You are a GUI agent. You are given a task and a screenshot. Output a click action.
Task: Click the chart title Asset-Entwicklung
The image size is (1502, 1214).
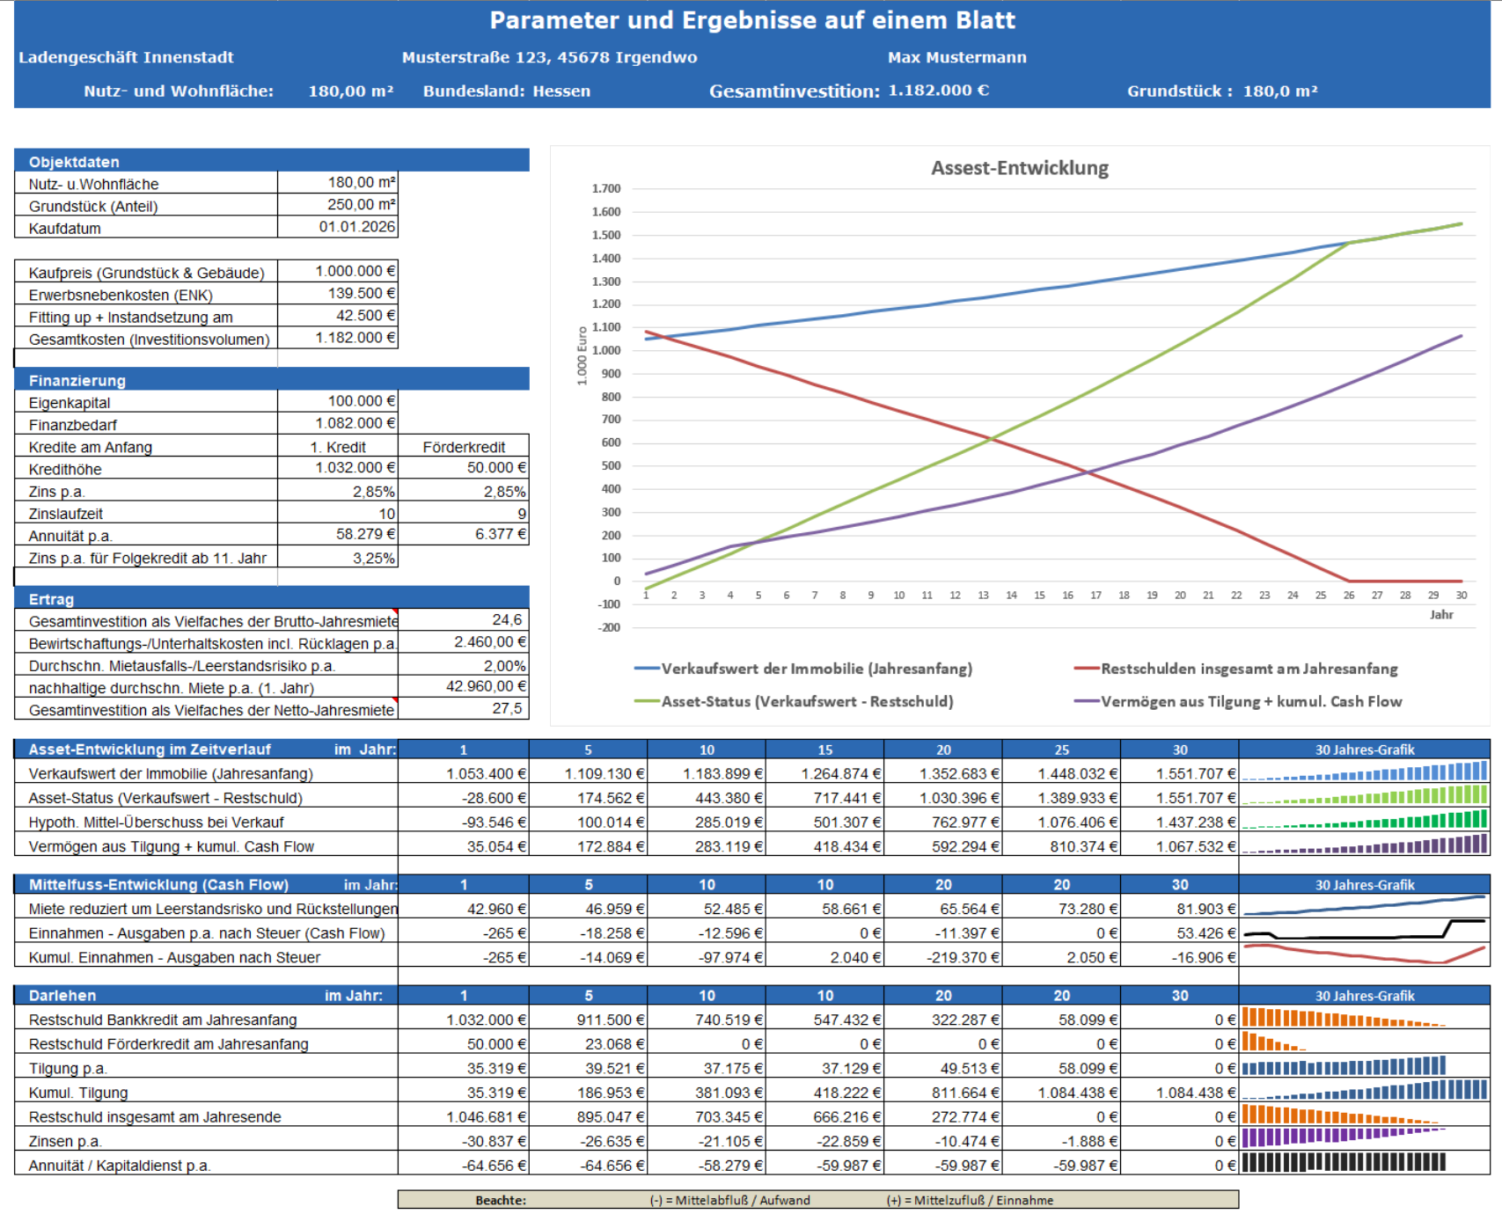(1020, 168)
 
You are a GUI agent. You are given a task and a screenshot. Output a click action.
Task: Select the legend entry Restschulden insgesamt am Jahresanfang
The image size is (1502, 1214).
(1235, 669)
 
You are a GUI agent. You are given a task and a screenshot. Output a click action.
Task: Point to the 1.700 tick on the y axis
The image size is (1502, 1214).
(606, 189)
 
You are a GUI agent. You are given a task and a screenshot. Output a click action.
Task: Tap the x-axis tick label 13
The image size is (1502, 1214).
(983, 596)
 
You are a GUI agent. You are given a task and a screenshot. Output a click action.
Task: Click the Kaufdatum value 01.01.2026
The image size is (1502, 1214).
(357, 227)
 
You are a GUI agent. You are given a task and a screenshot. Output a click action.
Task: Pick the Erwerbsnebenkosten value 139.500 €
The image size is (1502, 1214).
(355, 294)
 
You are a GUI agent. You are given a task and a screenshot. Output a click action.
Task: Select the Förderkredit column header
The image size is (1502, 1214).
(464, 447)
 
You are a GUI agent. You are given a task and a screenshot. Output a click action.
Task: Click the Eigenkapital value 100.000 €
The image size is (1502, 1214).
(362, 401)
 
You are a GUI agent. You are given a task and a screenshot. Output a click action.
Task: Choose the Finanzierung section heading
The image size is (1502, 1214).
(77, 381)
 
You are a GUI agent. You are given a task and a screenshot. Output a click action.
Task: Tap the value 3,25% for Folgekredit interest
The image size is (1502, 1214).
(374, 558)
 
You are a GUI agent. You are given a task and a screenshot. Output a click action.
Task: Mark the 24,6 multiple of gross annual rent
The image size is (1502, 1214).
(507, 620)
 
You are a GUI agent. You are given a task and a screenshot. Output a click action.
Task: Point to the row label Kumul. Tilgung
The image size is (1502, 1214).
(78, 1093)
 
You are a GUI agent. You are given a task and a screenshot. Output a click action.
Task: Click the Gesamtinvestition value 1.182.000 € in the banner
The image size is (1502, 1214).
(939, 91)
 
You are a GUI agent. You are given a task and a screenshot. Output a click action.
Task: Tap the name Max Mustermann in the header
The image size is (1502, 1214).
(957, 57)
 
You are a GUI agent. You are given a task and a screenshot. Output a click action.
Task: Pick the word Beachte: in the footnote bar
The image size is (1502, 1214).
(501, 1200)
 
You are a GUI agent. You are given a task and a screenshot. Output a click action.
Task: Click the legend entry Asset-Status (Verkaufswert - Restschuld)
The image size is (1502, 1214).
(794, 701)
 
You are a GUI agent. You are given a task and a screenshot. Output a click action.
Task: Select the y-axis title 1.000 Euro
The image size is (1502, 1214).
(582, 355)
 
